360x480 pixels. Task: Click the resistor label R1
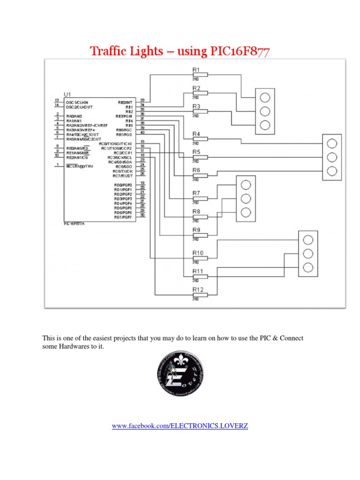pyautogui.click(x=196, y=70)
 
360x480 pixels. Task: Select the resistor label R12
pyautogui.click(x=198, y=290)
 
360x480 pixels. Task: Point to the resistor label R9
pyautogui.click(x=196, y=230)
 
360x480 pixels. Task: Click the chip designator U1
pyautogui.click(x=67, y=95)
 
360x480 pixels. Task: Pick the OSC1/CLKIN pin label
pyautogui.click(x=78, y=101)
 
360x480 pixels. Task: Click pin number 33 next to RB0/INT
pyautogui.click(x=142, y=100)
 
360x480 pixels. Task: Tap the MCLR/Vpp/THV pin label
pyautogui.click(x=80, y=166)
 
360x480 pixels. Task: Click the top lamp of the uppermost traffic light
pyautogui.click(x=265, y=97)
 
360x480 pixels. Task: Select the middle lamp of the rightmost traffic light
pyautogui.click(x=332, y=157)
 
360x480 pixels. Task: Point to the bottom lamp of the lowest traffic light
pyautogui.click(x=308, y=267)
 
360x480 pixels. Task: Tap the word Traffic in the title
pyautogui.click(x=105, y=51)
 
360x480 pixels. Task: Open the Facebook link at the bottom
pyautogui.click(x=180, y=426)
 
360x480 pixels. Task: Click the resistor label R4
pyautogui.click(x=196, y=134)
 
